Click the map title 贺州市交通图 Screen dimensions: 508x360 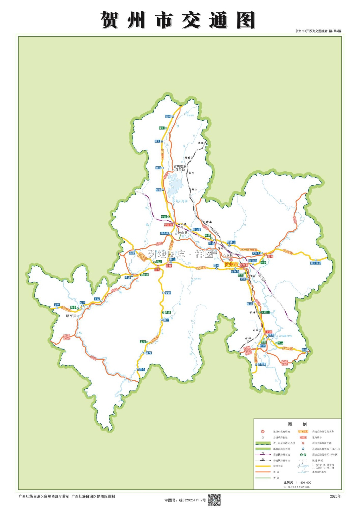[x=177, y=20]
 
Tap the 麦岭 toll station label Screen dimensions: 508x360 [x=168, y=116]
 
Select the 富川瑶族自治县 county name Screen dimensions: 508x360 [x=180, y=168]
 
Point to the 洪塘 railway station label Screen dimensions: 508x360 [x=200, y=143]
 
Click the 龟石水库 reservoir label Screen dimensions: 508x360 [x=182, y=201]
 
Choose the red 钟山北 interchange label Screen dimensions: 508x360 [x=168, y=225]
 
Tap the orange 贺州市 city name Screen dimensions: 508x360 [x=231, y=264]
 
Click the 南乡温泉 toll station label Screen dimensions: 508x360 [x=316, y=263]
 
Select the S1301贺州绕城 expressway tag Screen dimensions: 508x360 [x=248, y=249]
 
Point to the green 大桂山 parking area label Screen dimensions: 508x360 [x=265, y=312]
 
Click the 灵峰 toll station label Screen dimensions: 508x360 [x=304, y=350]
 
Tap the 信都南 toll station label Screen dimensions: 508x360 [x=262, y=364]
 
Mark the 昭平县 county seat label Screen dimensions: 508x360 [x=71, y=316]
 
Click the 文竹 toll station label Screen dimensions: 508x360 [x=57, y=305]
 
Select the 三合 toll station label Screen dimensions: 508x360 [x=142, y=369]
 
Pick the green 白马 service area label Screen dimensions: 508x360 [x=280, y=343]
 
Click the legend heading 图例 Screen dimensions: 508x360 [x=297, y=424]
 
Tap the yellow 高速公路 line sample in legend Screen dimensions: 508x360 [x=263, y=466]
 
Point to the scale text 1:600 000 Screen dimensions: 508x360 [x=303, y=482]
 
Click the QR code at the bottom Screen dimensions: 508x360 [x=214, y=500]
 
